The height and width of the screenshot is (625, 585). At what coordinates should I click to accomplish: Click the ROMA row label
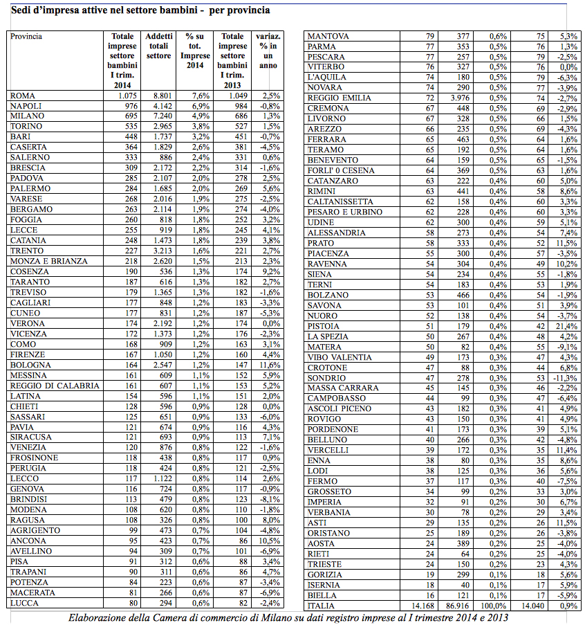tap(23, 96)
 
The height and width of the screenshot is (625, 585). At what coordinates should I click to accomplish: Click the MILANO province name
tap(27, 116)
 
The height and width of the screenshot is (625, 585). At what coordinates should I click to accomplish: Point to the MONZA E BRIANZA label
tap(48, 261)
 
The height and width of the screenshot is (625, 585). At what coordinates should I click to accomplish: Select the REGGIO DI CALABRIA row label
tap(55, 386)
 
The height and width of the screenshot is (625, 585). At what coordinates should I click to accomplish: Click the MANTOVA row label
tap(328, 36)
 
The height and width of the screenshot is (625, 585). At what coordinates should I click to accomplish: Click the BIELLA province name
tap(322, 595)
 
